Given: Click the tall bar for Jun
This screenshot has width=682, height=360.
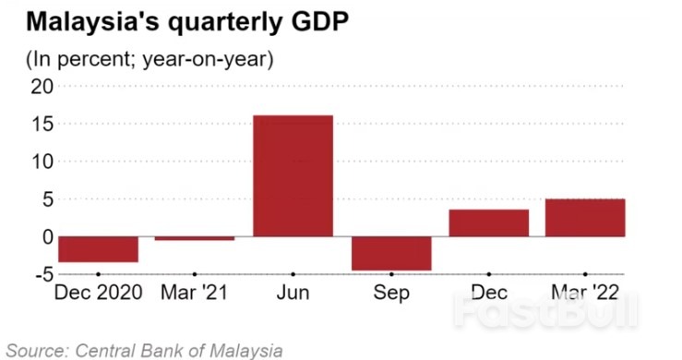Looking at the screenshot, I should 293,175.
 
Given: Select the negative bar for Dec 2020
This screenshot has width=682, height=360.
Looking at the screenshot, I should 98,248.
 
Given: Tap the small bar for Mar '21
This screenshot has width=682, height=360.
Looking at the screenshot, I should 195,238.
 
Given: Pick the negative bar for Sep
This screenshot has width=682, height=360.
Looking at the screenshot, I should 391,253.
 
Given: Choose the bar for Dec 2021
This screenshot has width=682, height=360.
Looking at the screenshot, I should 489,222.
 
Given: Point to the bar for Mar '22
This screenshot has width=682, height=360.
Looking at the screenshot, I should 585,218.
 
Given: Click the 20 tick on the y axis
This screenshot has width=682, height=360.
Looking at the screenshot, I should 40,86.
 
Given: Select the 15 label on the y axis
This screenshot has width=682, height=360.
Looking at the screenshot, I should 40,124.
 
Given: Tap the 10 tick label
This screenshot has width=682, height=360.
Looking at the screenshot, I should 40,162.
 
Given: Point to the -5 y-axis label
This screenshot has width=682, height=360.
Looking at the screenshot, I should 40,274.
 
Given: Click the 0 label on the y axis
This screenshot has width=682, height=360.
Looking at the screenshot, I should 45,236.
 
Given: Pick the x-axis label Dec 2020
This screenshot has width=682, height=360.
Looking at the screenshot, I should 98,294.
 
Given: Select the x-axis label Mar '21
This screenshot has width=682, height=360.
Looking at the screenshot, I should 195,294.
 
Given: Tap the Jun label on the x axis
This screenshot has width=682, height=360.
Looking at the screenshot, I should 293,294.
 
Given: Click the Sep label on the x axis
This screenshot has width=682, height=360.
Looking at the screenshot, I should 391,294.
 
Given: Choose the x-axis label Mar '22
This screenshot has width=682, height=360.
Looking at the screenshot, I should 585,294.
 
